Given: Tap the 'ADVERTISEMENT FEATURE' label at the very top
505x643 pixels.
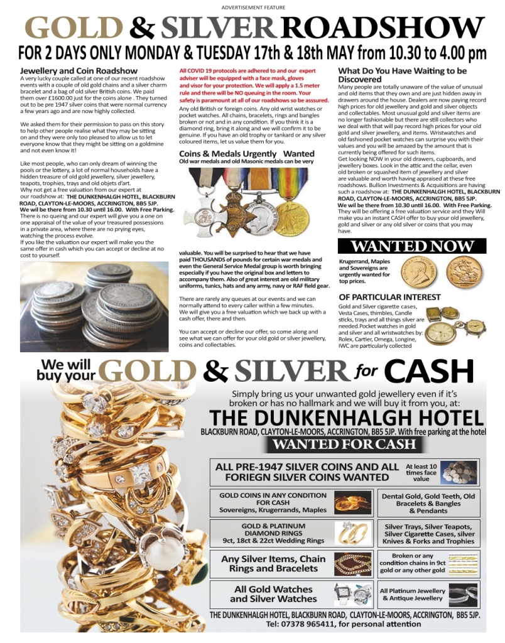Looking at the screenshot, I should coord(253,7).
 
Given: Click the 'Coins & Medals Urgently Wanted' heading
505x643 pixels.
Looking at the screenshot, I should coord(247,153).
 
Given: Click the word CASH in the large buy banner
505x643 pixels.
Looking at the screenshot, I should coord(430,372).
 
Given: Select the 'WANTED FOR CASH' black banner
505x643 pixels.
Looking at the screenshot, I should coord(344,445).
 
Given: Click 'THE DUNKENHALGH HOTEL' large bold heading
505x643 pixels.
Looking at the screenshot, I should coord(346,418).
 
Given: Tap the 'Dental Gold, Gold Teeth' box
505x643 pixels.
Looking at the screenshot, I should coord(428,503).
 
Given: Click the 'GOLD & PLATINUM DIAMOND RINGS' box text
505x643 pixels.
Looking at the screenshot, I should coord(273,533).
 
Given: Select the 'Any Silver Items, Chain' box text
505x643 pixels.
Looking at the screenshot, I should coord(273,563).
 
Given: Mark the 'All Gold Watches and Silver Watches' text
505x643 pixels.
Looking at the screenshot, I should coord(273,593).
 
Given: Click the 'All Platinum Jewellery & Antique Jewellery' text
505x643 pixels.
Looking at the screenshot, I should coord(413,594).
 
